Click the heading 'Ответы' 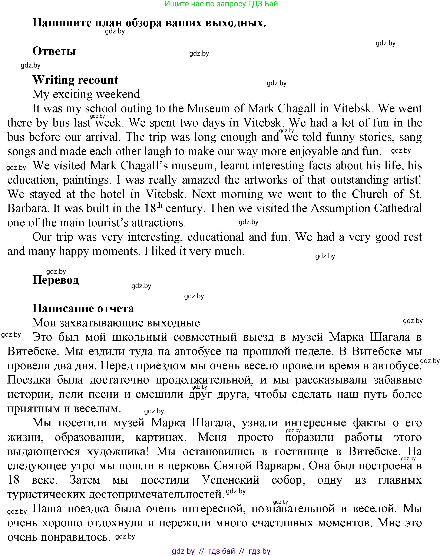(54, 51)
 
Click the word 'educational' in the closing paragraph (216, 237)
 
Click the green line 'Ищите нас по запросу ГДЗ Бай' (221, 4)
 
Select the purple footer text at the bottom (221, 551)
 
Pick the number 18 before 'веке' (13, 480)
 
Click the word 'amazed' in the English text (201, 180)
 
